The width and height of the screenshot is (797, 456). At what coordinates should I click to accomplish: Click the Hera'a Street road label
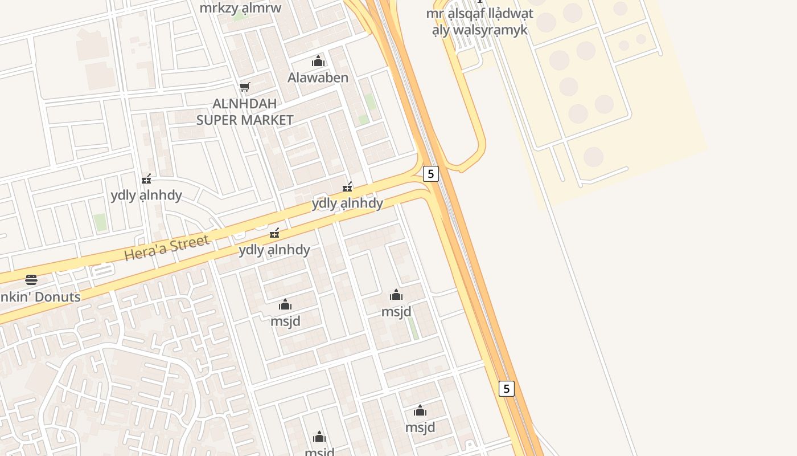pos(167,249)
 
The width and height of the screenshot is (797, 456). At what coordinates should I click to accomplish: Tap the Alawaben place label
pos(318,78)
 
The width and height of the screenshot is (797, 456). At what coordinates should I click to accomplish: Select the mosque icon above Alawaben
pos(318,61)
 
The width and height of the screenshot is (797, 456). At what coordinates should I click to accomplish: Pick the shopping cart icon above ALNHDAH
pos(245,87)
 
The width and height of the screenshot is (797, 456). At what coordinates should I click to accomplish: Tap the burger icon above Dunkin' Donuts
pos(31,280)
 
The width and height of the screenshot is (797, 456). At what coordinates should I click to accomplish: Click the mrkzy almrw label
pos(240,8)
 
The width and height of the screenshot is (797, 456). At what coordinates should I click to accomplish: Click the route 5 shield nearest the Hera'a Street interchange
pos(431,174)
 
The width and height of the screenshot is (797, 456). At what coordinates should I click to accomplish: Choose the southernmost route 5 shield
pos(506,389)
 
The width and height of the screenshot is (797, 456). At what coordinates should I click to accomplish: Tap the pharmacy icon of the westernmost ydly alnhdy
pos(147,179)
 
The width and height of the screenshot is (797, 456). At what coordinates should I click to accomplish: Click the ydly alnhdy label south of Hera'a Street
pos(274,250)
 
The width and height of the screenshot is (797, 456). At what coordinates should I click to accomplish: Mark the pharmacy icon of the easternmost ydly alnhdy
pos(347,187)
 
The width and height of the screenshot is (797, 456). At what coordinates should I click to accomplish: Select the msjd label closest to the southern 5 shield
pos(420,427)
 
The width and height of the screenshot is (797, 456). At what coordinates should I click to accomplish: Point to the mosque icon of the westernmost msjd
pos(285,304)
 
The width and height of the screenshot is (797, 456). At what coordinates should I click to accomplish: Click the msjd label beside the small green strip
pos(396,312)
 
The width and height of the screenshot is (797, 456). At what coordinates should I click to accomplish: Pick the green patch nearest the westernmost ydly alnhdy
pos(100,222)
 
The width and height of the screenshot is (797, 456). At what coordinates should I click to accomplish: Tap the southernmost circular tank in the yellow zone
pos(593,157)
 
